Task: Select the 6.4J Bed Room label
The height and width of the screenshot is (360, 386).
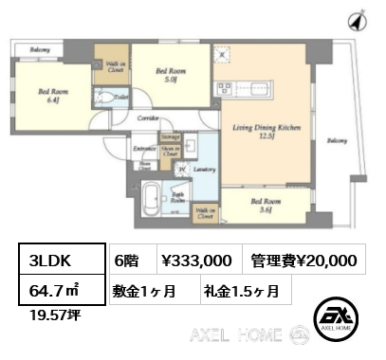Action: point(50,96)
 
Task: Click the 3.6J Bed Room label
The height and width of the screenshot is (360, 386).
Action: point(265,206)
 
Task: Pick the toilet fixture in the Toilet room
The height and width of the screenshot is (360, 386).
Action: point(101,99)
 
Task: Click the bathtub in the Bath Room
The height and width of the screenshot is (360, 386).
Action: point(153,200)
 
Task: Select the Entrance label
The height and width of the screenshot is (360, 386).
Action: point(144,149)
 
